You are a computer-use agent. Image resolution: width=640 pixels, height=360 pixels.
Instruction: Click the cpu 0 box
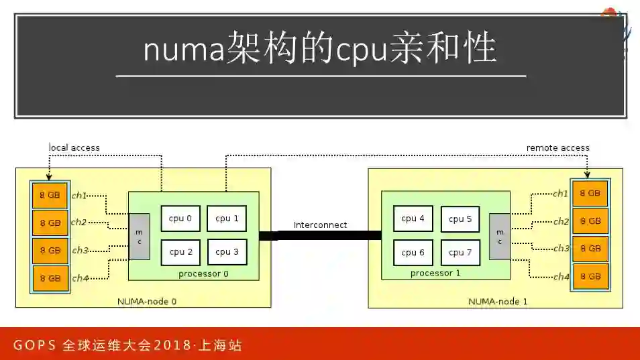(180, 219)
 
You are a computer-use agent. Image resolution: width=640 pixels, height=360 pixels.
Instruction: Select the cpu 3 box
(227, 252)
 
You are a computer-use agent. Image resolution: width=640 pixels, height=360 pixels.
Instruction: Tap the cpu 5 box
(460, 219)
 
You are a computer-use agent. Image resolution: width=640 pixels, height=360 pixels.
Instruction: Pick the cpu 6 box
(413, 253)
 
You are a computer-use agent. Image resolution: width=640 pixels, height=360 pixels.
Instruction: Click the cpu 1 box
(227, 219)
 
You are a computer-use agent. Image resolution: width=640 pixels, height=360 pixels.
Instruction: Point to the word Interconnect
(320, 225)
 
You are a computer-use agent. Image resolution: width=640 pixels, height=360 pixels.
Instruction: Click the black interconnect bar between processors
(320, 235)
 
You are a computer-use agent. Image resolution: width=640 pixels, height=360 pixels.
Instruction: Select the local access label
(74, 147)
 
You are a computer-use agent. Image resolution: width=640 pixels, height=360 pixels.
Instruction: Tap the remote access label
(557, 147)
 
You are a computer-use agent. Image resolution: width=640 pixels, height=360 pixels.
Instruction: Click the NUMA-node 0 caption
(147, 301)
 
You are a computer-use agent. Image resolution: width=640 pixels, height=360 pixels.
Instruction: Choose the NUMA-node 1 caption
(498, 302)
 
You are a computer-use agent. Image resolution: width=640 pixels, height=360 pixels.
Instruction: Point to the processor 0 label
(203, 274)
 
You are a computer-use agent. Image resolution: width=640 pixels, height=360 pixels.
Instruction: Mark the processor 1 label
(435, 273)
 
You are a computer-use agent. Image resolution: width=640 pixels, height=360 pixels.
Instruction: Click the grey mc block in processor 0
(139, 237)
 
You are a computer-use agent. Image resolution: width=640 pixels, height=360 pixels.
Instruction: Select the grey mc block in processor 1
(500, 237)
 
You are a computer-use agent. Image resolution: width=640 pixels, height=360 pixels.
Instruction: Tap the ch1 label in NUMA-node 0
(79, 195)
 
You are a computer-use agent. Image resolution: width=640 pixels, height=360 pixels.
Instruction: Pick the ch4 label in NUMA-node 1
(560, 276)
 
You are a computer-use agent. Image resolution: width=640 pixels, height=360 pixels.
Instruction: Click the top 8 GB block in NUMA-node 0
(50, 195)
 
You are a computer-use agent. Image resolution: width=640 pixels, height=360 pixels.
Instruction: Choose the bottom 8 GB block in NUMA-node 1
(590, 276)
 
